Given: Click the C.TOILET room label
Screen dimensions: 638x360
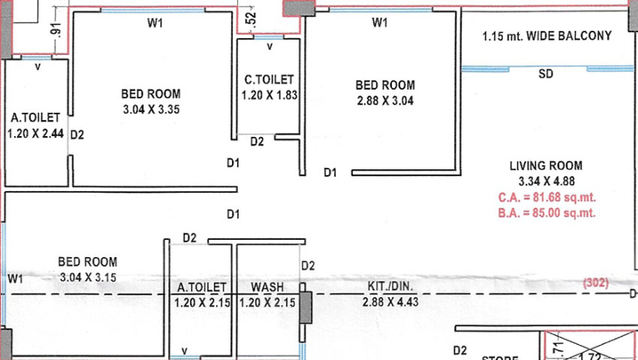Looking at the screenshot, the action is pyautogui.click(x=269, y=79).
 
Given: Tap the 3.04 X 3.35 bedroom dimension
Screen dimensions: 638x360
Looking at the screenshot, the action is pyautogui.click(x=151, y=109).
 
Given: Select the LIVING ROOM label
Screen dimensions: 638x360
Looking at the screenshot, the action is pyautogui.click(x=546, y=165).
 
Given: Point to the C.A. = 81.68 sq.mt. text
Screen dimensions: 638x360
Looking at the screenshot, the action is pyautogui.click(x=546, y=197).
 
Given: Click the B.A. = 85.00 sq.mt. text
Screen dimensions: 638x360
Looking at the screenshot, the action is pyautogui.click(x=546, y=212).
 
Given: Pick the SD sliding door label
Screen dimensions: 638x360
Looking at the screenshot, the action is pyautogui.click(x=546, y=74).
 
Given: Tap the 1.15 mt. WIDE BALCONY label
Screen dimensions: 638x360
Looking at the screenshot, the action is pyautogui.click(x=546, y=36).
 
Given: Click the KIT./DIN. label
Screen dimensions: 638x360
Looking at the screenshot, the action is pyautogui.click(x=390, y=286).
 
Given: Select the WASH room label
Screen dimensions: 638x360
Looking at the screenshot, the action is pyautogui.click(x=267, y=287).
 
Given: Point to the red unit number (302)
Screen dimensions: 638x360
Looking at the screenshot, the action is pyautogui.click(x=595, y=283).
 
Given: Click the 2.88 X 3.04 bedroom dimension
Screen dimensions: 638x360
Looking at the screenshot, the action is pyautogui.click(x=386, y=100).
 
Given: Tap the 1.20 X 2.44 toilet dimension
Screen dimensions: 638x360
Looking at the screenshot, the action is pyautogui.click(x=36, y=133).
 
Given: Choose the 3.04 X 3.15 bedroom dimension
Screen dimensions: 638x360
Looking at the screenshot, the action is pyautogui.click(x=88, y=277).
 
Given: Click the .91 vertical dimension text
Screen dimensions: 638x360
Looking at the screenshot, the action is pyautogui.click(x=55, y=29).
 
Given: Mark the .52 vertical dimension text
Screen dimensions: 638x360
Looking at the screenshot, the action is pyautogui.click(x=251, y=19).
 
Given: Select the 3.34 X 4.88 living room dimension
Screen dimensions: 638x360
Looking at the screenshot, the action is pyautogui.click(x=546, y=180).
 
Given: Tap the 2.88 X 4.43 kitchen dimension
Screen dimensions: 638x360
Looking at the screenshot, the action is pyautogui.click(x=390, y=301).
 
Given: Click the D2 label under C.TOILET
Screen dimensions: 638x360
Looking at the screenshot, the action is pyautogui.click(x=257, y=141).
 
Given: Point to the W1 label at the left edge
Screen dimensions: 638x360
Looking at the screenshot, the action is pyautogui.click(x=15, y=279).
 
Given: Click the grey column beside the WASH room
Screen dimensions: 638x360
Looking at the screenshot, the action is pyautogui.click(x=306, y=308).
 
